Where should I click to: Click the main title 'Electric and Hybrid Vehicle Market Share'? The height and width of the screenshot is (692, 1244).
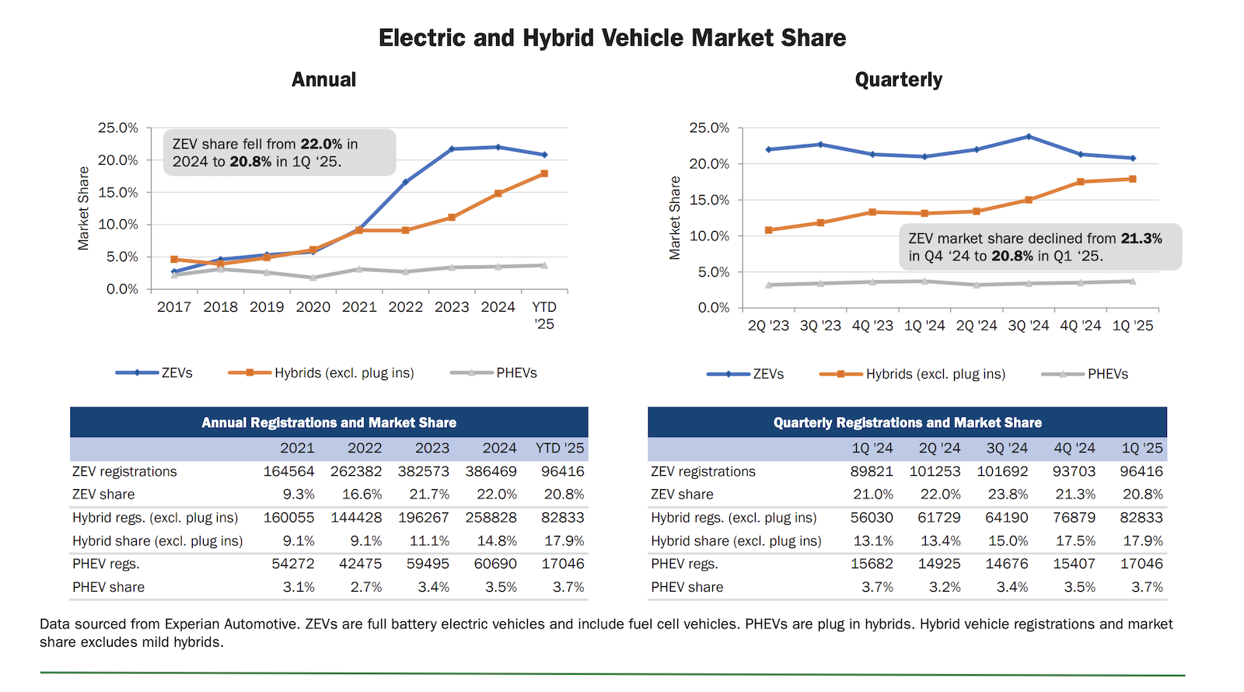(x=612, y=38)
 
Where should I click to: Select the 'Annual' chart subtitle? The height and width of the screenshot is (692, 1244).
(x=323, y=80)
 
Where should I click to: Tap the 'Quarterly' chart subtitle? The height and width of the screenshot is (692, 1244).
(x=898, y=80)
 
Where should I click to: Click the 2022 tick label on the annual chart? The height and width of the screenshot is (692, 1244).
(x=405, y=307)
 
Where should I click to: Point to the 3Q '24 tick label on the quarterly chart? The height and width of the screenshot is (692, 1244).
(x=1028, y=326)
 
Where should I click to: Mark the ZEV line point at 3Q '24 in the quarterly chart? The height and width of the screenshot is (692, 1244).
(x=1029, y=137)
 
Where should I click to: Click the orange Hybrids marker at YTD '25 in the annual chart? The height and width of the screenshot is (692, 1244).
(x=544, y=173)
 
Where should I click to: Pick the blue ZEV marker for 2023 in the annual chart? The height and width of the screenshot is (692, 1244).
(x=452, y=149)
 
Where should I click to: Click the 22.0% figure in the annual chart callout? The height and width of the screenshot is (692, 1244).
(x=321, y=145)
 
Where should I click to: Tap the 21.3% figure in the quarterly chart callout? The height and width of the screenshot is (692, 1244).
(x=1141, y=239)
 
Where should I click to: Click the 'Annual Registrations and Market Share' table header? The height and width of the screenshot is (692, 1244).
(x=329, y=423)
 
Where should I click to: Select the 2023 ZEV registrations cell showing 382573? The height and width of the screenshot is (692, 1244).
(x=423, y=471)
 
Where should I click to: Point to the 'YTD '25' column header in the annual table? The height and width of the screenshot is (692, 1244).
(x=559, y=449)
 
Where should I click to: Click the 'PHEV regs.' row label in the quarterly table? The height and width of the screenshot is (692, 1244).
(x=684, y=564)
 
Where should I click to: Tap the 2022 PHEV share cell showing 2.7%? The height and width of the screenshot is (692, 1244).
(x=365, y=587)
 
